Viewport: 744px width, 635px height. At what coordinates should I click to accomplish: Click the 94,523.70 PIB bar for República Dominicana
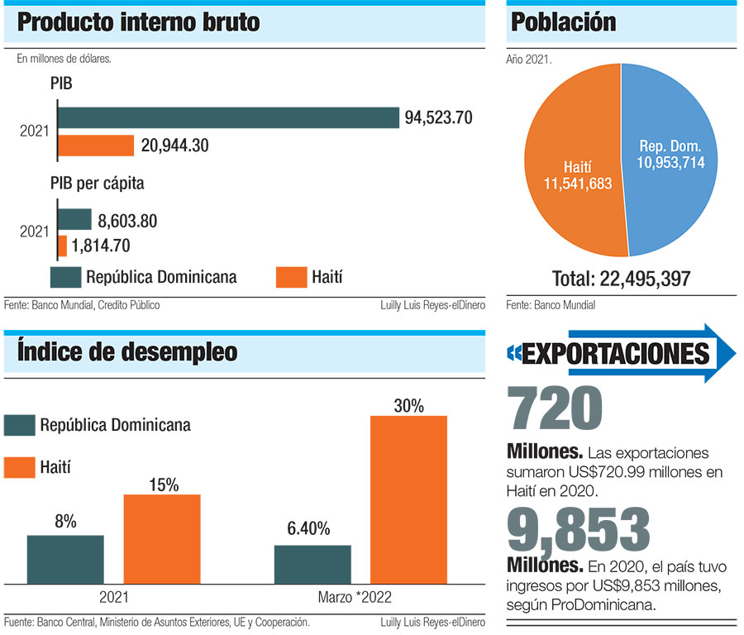click(228, 117)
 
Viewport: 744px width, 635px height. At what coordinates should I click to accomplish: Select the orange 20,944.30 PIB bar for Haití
click(96, 146)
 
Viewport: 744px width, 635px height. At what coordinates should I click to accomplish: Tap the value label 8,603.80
click(127, 221)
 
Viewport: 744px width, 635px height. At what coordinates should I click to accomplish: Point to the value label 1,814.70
click(101, 246)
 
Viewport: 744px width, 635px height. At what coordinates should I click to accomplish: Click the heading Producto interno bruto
click(138, 22)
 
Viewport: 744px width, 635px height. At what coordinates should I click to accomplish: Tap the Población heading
click(564, 22)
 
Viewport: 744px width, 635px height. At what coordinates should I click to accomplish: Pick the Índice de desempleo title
click(127, 352)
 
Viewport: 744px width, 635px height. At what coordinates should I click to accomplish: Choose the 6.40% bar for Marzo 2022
click(312, 564)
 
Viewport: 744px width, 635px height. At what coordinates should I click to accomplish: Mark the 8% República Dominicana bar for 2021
click(65, 559)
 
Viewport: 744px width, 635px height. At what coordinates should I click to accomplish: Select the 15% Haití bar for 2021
click(162, 538)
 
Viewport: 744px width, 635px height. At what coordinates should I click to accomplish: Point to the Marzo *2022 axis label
click(355, 597)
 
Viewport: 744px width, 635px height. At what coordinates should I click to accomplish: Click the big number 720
click(554, 410)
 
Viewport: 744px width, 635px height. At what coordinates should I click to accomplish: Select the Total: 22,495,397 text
click(621, 279)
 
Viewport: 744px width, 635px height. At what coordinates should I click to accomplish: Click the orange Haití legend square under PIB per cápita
click(290, 276)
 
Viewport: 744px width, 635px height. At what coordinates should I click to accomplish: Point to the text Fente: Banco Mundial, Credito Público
click(82, 305)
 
